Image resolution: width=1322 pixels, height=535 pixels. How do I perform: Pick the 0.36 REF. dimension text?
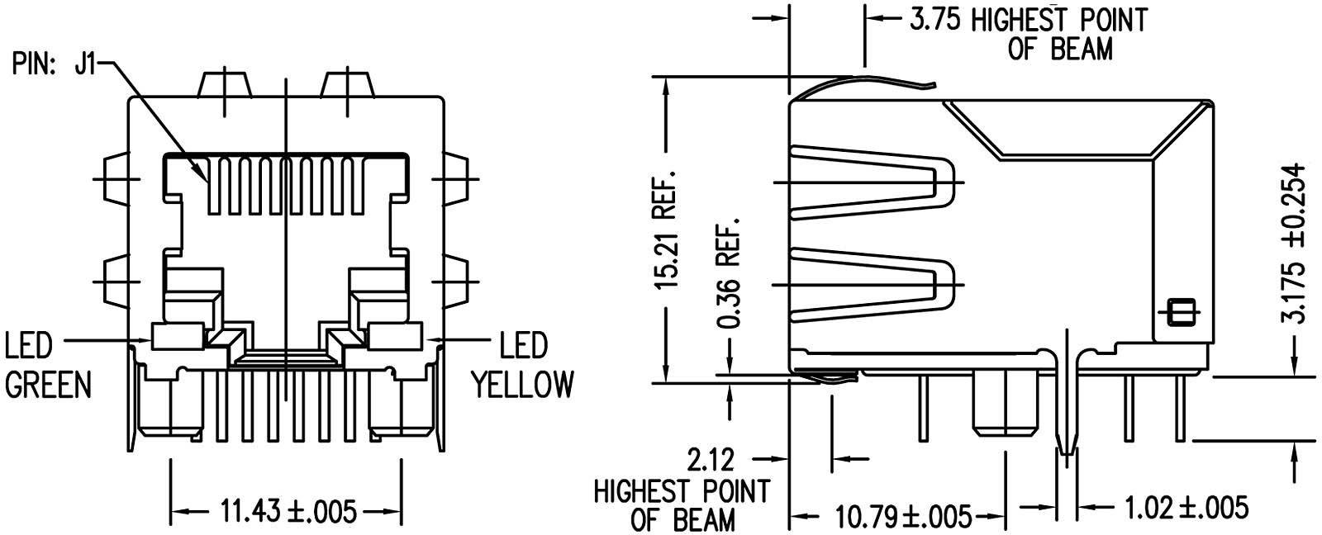[x=727, y=272]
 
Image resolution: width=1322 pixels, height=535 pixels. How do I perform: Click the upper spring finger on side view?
[x=876, y=182]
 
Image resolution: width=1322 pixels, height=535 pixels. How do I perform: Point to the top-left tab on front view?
[x=224, y=85]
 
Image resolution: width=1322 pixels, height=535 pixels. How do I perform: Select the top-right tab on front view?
[x=345, y=85]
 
